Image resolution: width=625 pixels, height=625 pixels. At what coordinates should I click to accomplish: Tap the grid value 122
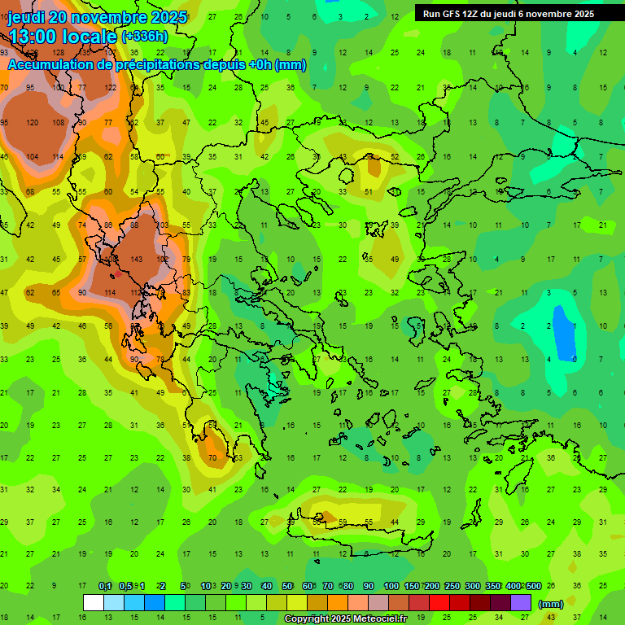tap(110, 88)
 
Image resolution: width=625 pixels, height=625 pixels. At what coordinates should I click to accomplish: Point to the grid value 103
tap(161, 225)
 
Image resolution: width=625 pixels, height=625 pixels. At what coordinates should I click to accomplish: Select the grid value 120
tap(32, 123)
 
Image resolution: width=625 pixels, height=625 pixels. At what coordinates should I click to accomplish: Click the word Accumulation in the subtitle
tap(50, 65)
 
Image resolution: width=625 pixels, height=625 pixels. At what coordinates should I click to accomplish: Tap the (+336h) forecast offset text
tap(146, 37)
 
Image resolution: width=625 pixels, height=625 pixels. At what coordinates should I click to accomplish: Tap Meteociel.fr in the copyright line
tap(366, 619)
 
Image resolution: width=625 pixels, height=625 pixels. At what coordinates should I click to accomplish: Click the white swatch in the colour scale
tap(94, 603)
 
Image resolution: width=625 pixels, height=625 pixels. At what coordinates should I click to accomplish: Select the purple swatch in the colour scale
tap(521, 603)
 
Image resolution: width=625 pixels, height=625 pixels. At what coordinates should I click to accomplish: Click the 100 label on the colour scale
tap(391, 587)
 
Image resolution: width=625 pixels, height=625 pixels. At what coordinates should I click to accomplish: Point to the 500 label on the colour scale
tap(533, 587)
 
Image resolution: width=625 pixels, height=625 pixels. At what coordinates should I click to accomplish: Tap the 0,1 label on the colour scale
tap(105, 587)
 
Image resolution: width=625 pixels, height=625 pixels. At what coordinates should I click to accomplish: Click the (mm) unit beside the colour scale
tap(551, 604)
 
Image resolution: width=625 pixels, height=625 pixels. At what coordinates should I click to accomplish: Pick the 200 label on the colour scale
tap(432, 587)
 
